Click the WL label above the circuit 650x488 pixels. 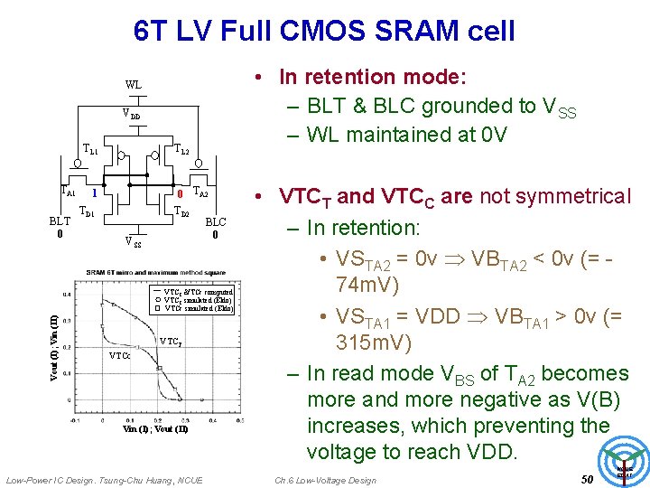coord(133,85)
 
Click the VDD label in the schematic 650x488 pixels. coord(132,115)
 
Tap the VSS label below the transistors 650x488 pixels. coord(132,241)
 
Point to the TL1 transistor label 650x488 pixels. coord(90,149)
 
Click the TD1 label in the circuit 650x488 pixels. coord(88,211)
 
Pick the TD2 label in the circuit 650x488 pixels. coord(181,212)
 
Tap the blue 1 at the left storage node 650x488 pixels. coord(94,193)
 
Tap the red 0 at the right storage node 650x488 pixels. coord(181,193)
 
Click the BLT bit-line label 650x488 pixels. coord(59,220)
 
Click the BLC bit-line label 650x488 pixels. coord(216,221)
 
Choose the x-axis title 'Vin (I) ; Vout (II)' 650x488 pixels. coord(155,430)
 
